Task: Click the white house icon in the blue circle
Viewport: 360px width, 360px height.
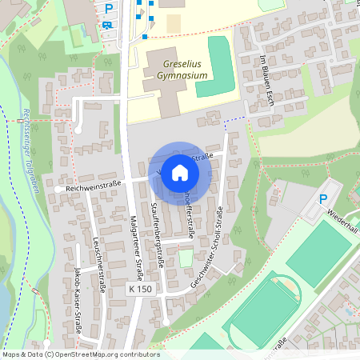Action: (180, 172)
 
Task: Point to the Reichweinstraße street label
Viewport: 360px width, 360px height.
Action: (93, 187)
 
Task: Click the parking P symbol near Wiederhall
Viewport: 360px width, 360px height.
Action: (323, 199)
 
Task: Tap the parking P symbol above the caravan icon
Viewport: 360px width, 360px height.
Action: (109, 9)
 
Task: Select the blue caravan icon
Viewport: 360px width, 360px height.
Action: (108, 24)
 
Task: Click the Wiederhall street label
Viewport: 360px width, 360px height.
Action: (342, 217)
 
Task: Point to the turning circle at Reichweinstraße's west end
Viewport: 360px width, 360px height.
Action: (60, 188)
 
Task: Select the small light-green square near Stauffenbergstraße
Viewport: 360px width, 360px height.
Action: (186, 258)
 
